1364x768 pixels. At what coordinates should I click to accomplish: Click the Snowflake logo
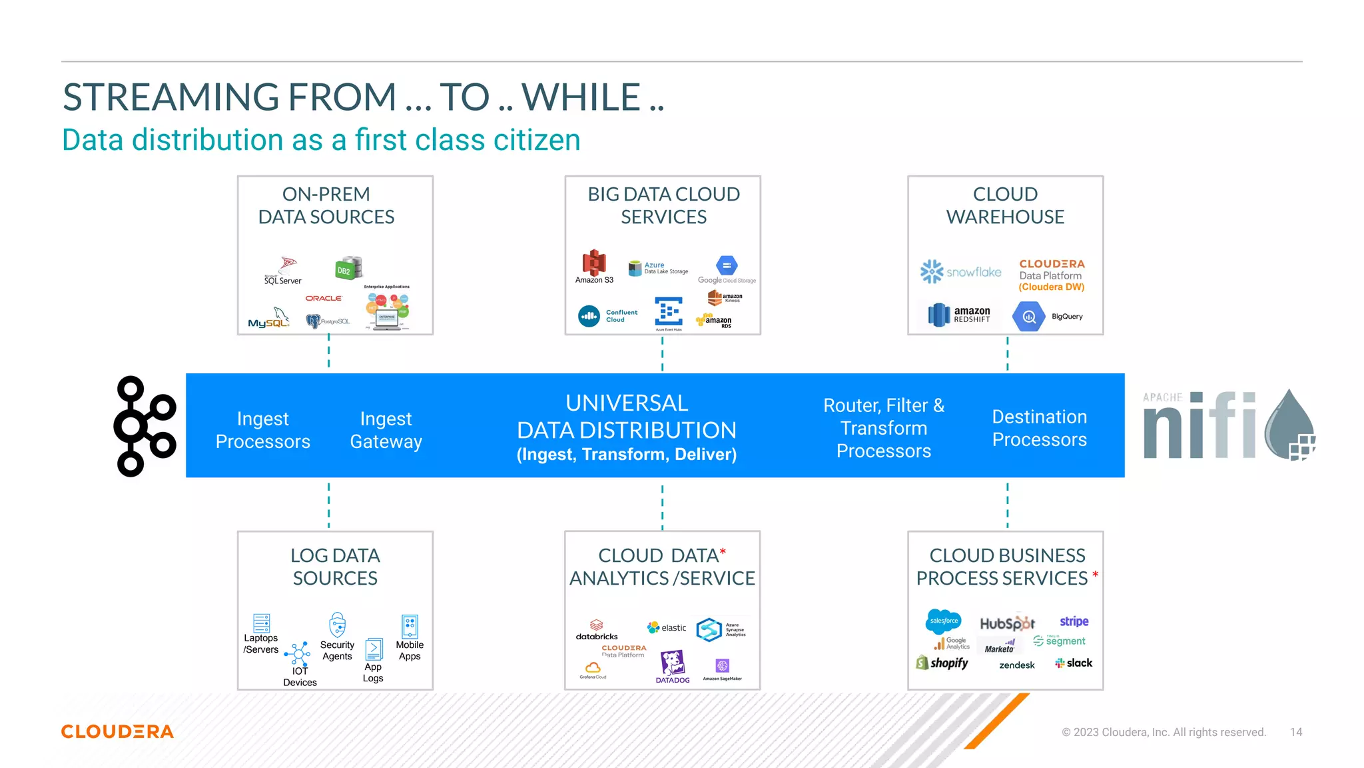point(960,271)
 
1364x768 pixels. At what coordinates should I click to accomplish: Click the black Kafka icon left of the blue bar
point(145,426)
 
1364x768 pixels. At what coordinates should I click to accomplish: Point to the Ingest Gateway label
point(386,430)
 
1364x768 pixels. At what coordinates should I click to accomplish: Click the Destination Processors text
point(1039,428)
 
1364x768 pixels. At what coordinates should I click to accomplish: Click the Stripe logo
point(1074,621)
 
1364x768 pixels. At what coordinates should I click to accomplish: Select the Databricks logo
point(597,630)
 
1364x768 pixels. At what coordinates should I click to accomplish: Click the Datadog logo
point(672,666)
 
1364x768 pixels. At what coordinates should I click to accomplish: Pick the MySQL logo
point(269,319)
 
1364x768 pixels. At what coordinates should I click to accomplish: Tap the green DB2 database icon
point(348,268)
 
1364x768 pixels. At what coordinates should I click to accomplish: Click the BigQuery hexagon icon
point(1028,317)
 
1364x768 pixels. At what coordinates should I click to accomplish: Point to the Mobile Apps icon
point(410,627)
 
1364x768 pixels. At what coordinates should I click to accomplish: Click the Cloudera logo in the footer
point(117,731)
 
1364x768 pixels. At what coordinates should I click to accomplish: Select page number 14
point(1295,732)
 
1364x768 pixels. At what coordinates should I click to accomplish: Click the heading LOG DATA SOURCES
point(335,567)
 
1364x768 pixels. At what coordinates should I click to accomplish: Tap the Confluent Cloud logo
point(607,316)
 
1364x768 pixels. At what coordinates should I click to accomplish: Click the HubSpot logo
point(1007,623)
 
